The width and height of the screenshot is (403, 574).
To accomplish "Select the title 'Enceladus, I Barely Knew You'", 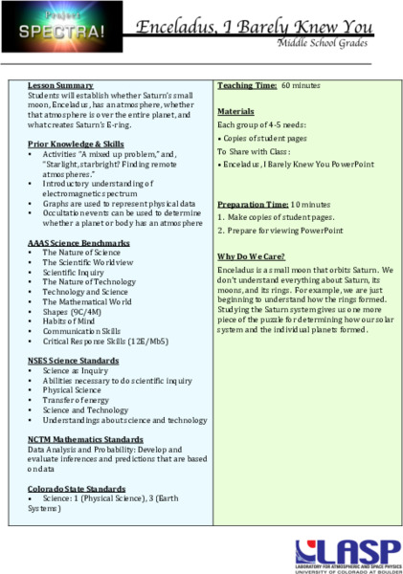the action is pos(260,28).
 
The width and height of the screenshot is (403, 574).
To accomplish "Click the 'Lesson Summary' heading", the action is pos(60,86).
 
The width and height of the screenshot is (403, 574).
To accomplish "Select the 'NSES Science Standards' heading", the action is pos(74,361).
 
